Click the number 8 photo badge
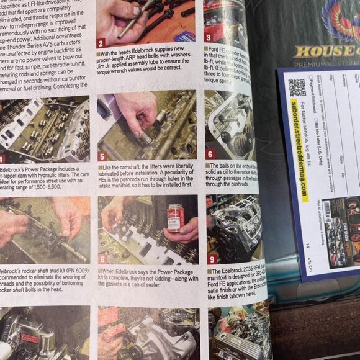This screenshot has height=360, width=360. tap(103, 258)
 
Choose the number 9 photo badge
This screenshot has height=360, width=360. tap(212, 259)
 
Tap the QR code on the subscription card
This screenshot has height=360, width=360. tap(297, 88)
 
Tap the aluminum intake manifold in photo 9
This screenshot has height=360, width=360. tap(233, 227)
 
